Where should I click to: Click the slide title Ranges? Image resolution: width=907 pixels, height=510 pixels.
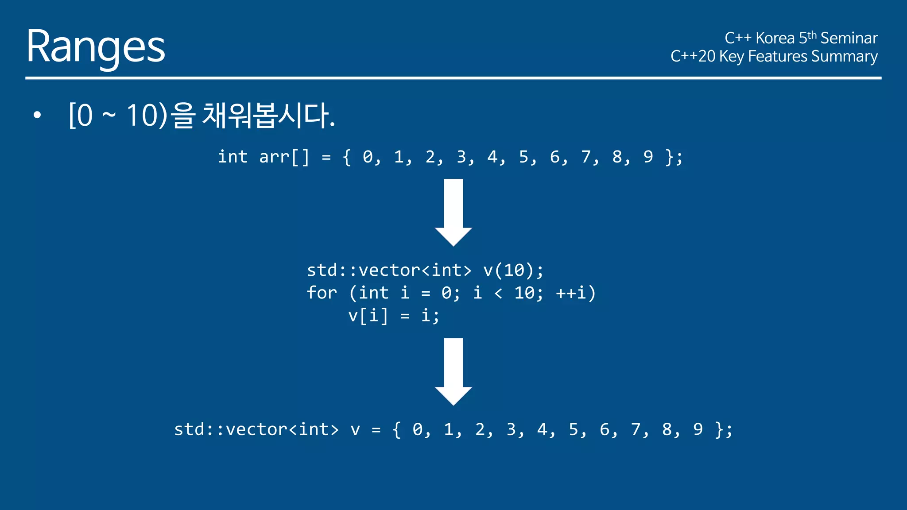pyautogui.click(x=95, y=46)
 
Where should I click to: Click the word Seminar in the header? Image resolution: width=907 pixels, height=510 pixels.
pyautogui.click(x=849, y=38)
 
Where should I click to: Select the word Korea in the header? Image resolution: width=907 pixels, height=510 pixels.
pyautogui.click(x=775, y=38)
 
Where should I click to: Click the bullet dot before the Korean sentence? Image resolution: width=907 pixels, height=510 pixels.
pyautogui.click(x=37, y=116)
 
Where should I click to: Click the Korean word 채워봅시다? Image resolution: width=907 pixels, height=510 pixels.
pyautogui.click(x=268, y=116)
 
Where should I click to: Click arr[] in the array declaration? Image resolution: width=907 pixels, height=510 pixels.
pyautogui.click(x=284, y=157)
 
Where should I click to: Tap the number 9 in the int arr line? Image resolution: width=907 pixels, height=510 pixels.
pyautogui.click(x=648, y=157)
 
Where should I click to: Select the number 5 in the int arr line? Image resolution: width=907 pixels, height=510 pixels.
pyautogui.click(x=523, y=157)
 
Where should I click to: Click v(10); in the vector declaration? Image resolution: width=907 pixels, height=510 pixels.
pyautogui.click(x=513, y=270)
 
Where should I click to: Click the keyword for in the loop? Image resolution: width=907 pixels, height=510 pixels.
pyautogui.click(x=322, y=293)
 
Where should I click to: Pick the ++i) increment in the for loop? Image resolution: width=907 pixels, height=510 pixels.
pyautogui.click(x=576, y=293)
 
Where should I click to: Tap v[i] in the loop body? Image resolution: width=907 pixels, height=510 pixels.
pyautogui.click(x=368, y=316)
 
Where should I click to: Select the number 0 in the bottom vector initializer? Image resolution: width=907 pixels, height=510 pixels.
pyautogui.click(x=417, y=429)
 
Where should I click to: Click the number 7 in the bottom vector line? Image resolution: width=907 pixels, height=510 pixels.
pyautogui.click(x=636, y=429)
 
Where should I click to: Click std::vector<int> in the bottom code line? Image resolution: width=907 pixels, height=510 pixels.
pyautogui.click(x=256, y=429)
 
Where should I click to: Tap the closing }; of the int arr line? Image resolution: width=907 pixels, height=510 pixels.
pyautogui.click(x=674, y=157)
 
